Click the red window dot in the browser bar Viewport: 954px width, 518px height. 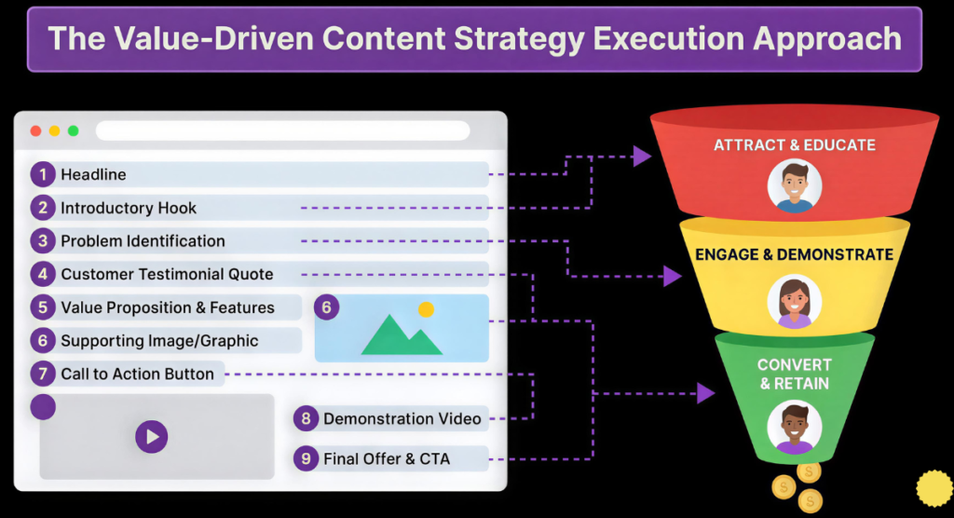tap(36, 130)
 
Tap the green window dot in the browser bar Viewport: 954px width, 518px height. tap(73, 130)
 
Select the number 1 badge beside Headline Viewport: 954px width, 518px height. tap(43, 175)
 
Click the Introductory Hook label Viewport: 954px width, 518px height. tap(129, 208)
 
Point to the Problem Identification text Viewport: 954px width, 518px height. tap(143, 241)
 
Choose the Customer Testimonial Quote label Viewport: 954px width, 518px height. tap(167, 275)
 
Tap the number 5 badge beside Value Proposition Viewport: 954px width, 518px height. tap(43, 307)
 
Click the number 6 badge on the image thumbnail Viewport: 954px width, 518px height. tap(327, 307)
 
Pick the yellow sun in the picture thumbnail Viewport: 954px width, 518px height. tap(426, 310)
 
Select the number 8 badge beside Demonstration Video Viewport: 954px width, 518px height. tap(306, 419)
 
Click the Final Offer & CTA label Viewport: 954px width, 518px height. tap(387, 459)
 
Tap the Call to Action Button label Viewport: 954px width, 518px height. tap(138, 374)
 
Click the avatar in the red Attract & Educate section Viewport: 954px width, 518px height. tap(795, 186)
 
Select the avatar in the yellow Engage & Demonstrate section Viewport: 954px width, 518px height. tap(795, 302)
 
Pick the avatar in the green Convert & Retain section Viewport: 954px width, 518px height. tap(795, 428)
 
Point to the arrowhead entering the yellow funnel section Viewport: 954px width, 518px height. tap(672, 277)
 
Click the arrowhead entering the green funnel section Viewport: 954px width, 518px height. tap(706, 393)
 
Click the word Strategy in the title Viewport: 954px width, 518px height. tap(519, 40)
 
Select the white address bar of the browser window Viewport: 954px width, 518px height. tap(283, 130)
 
